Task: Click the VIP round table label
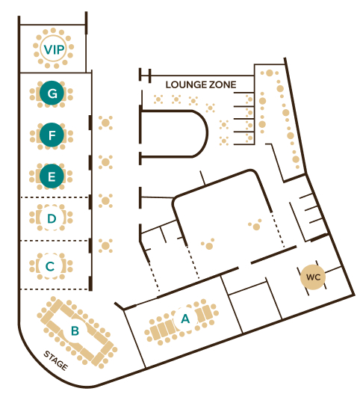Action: (54, 49)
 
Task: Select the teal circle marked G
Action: (52, 93)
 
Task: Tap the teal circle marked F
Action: (52, 135)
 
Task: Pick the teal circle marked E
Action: (52, 176)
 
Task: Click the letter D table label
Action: (52, 218)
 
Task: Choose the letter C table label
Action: (50, 266)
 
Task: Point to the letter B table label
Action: (75, 330)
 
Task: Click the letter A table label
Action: (185, 319)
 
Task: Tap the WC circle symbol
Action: (313, 277)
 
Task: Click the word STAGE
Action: (56, 360)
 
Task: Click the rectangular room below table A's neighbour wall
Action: (255, 307)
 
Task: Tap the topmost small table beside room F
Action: (105, 123)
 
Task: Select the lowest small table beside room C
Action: (105, 246)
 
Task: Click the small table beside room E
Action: (105, 162)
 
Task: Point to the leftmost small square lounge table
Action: (158, 99)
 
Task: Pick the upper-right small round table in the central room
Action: (255, 226)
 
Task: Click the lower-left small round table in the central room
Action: (208, 245)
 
